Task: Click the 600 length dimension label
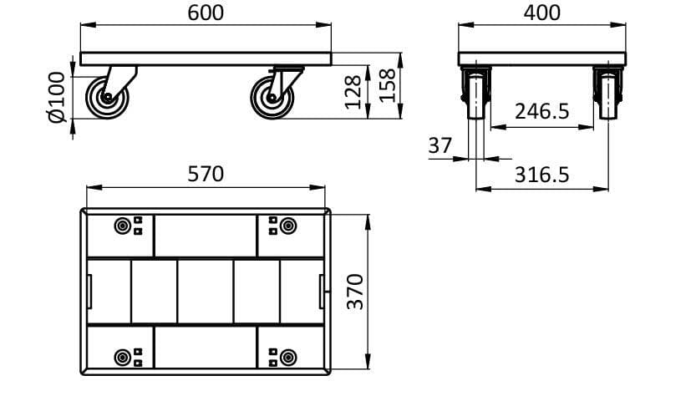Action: pyautogui.click(x=206, y=13)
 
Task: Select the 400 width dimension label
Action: pyautogui.click(x=541, y=13)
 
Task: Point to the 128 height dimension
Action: pyautogui.click(x=353, y=91)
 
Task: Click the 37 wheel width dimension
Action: pyautogui.click(x=439, y=145)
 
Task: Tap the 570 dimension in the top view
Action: pyautogui.click(x=206, y=174)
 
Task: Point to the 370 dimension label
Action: pyautogui.click(x=354, y=291)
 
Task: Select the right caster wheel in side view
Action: pyautogui.click(x=272, y=97)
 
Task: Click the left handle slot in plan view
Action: pyautogui.click(x=90, y=291)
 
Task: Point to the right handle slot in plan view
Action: pyautogui.click(x=321, y=291)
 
